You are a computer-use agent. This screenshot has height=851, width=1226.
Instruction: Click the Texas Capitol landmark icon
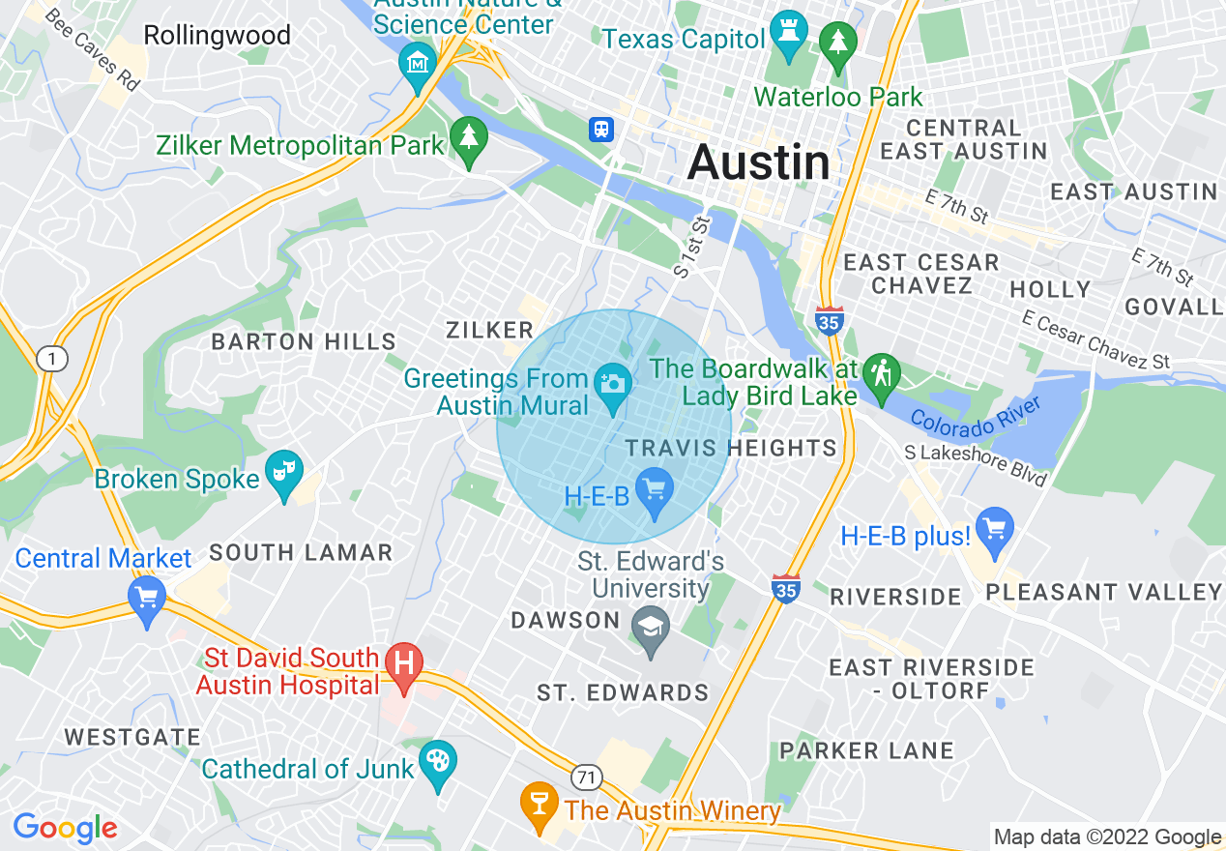click(788, 37)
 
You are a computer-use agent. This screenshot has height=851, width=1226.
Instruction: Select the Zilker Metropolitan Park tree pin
click(469, 141)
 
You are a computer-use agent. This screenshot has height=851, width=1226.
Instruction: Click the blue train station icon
click(601, 129)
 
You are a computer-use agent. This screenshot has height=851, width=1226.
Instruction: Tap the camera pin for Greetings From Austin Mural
click(612, 384)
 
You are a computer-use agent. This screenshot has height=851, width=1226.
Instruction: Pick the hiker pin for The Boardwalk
click(881, 374)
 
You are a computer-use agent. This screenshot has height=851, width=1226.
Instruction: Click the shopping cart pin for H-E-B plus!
click(995, 529)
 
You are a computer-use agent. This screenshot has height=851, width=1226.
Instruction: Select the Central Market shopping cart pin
click(147, 598)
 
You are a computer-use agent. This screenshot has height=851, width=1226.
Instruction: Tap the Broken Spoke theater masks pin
click(284, 472)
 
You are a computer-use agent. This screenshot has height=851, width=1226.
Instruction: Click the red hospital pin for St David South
click(404, 664)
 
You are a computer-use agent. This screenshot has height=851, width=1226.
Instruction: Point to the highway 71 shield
click(586, 777)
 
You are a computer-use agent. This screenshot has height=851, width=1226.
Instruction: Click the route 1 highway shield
click(51, 360)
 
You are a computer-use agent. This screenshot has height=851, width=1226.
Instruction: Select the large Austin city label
click(758, 162)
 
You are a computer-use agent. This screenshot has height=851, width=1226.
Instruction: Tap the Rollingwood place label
click(217, 36)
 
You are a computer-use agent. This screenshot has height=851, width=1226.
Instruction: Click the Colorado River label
click(976, 414)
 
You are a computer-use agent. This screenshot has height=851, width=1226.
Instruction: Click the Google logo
click(65, 828)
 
